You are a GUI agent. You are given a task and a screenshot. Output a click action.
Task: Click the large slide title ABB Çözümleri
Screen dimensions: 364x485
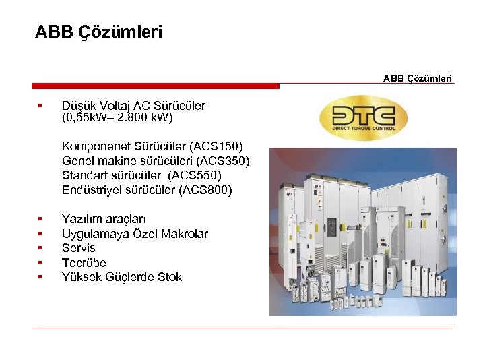click(98, 32)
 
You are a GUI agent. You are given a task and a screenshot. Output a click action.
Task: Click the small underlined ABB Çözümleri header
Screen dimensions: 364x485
click(418, 78)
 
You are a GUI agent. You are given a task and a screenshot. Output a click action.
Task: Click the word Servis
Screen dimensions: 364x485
click(79, 248)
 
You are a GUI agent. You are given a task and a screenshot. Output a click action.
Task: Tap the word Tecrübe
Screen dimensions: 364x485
click(84, 262)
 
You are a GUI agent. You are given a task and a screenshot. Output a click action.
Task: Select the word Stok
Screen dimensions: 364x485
click(169, 277)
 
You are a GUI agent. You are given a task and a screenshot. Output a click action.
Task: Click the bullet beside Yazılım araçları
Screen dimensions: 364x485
click(40, 219)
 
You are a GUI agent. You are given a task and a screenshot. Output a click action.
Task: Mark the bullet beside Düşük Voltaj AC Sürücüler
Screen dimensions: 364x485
click(40, 106)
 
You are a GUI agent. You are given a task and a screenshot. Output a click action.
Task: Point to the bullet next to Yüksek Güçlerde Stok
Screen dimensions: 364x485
click(40, 277)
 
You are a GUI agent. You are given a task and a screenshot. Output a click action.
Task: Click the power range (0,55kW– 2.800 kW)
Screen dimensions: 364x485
click(117, 118)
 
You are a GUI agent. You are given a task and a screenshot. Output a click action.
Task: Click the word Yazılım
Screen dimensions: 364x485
click(81, 219)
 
